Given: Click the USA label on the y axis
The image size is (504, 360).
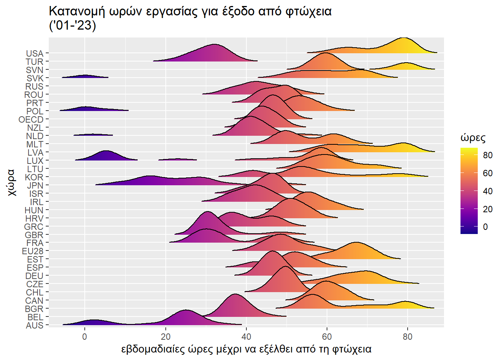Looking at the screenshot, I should pyautogui.click(x=34, y=54).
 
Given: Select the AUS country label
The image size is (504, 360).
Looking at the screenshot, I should pyautogui.click(x=34, y=325).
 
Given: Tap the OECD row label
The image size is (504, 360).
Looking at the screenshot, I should pyautogui.click(x=31, y=120).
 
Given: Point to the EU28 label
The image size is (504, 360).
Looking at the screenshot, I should pyautogui.click(x=33, y=251).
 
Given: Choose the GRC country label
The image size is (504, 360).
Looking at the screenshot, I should pyautogui.click(x=34, y=227).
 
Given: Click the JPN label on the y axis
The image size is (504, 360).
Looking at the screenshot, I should pyautogui.click(x=35, y=186).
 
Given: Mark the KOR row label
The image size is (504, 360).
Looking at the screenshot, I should pyautogui.click(x=34, y=177).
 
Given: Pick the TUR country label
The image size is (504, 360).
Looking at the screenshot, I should pyautogui.click(x=34, y=62).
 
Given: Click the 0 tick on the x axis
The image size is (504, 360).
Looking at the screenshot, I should pyautogui.click(x=85, y=336).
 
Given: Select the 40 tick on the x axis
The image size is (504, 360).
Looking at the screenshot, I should pyautogui.click(x=246, y=336).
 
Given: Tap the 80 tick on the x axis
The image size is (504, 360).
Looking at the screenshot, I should pyautogui.click(x=407, y=336).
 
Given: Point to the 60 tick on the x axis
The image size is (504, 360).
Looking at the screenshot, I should pyautogui.click(x=327, y=336).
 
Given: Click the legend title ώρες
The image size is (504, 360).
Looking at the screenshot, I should pyautogui.click(x=473, y=138).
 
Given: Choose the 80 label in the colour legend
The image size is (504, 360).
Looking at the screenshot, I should pyautogui.click(x=487, y=155).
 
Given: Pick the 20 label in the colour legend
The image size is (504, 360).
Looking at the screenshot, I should pyautogui.click(x=487, y=209).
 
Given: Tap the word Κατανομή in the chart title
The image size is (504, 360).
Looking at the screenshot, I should pyautogui.click(x=77, y=11).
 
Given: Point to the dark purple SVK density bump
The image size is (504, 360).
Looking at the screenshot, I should pyautogui.click(x=86, y=76).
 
